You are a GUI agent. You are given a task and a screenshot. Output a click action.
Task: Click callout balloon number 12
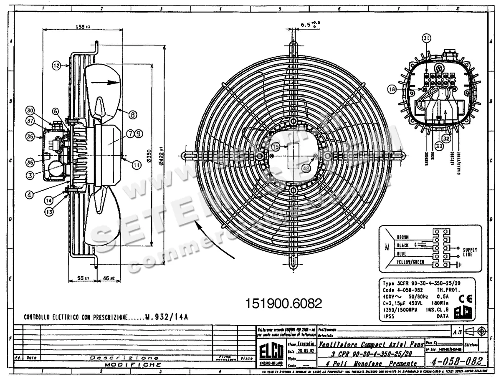tap(56, 65)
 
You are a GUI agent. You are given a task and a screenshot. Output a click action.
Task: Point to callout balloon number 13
tap(50, 212)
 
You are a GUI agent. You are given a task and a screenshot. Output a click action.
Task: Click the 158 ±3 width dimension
tap(83, 27)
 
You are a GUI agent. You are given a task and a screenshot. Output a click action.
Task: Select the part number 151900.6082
tap(284, 303)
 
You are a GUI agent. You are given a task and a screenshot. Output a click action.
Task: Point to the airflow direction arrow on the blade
tap(104, 82)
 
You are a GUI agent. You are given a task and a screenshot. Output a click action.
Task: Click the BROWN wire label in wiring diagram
tap(405, 236)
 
